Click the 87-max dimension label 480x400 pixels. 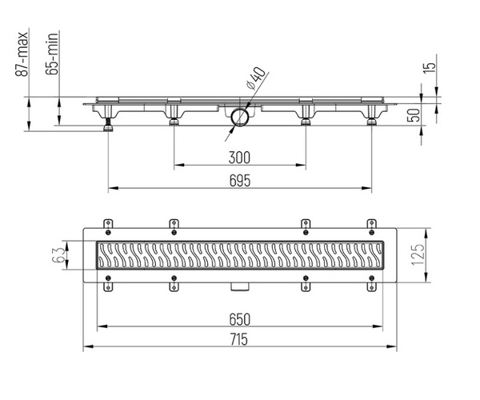[x=22, y=54]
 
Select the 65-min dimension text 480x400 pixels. [x=51, y=54]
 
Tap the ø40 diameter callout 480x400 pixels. [x=256, y=78]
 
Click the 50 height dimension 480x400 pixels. [x=414, y=115]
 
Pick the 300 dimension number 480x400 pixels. [x=239, y=158]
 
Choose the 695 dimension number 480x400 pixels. [x=240, y=181]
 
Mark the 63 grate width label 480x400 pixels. [x=58, y=255]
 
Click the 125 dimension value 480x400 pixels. [x=418, y=254]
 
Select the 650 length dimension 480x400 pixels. [x=240, y=319]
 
